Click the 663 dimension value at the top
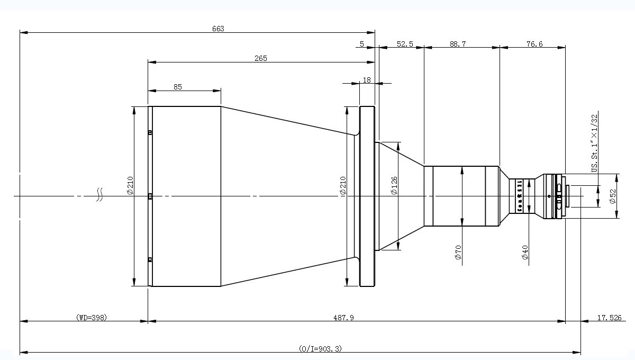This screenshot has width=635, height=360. tap(219, 29)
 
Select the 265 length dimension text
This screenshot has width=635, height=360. tap(260, 58)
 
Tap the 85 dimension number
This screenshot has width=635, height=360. tap(177, 87)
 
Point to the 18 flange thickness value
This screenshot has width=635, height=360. tap(366, 80)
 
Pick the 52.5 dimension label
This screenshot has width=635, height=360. tap(405, 44)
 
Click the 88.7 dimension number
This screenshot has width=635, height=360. tap(458, 44)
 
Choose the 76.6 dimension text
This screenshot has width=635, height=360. tap(534, 44)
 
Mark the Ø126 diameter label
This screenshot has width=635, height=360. tap(394, 185)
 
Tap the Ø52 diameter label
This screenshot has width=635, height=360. tap(613, 196)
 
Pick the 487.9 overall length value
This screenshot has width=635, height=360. tap(343, 318)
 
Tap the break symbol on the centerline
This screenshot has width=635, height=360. tap(99, 196)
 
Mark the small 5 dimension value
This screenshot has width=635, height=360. tap(362, 44)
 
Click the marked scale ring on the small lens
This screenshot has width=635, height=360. tap(519, 196)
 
